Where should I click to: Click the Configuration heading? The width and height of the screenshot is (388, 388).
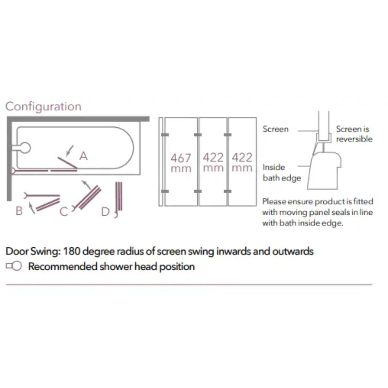[x=43, y=106]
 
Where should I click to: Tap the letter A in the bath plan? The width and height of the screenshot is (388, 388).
[x=83, y=156]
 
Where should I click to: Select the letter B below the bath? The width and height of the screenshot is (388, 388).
[x=19, y=211]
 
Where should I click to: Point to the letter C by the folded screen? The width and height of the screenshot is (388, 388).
[x=64, y=212]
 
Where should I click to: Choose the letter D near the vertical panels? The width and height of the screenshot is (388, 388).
[x=105, y=212]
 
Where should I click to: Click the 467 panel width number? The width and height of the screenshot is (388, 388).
[x=181, y=158]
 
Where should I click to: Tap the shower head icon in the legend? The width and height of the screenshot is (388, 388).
[x=14, y=266]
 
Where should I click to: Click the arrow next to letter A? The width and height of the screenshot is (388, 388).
[x=70, y=150]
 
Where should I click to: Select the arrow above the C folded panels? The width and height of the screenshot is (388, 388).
[x=86, y=185]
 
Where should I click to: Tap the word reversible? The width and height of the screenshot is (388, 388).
[x=354, y=139]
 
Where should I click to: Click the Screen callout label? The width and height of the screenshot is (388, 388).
[x=275, y=129]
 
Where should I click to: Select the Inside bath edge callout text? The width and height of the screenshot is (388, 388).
[x=282, y=173]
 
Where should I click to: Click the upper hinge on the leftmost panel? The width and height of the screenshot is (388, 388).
[x=165, y=135]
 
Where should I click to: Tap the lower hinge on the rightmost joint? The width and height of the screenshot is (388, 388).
[x=228, y=191]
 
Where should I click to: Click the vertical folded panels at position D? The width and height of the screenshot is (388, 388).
[x=119, y=196]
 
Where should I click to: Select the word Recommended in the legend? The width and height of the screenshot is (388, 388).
[x=63, y=266]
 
